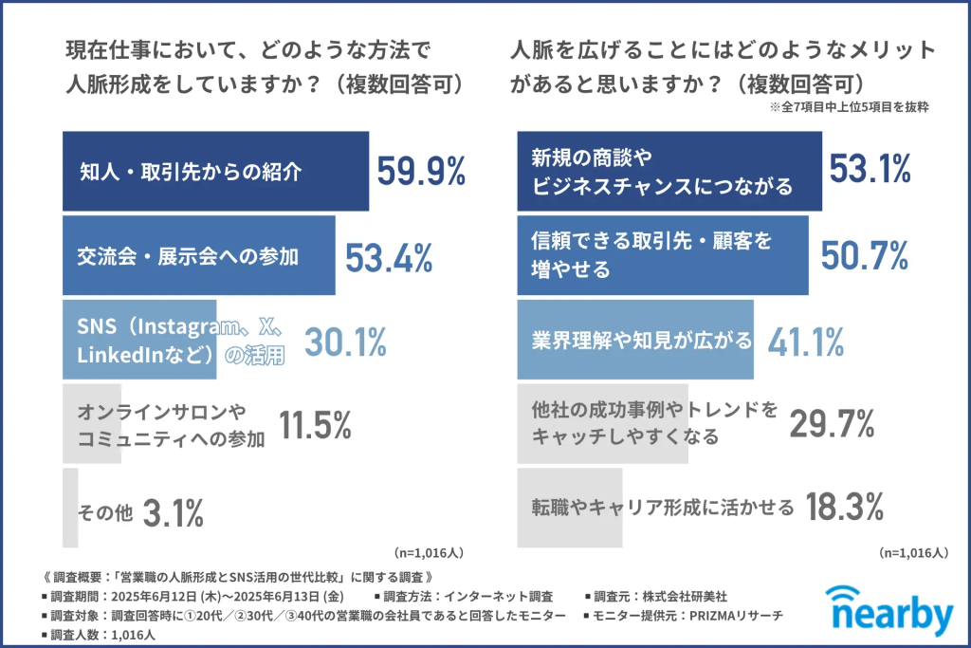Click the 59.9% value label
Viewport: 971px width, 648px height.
[421, 171]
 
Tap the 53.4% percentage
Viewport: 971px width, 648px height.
[388, 257]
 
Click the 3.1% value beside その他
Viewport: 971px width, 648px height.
[174, 512]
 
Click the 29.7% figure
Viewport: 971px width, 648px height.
[832, 424]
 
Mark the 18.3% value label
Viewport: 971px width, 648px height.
[845, 507]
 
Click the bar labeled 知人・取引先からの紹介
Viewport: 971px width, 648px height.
[215, 172]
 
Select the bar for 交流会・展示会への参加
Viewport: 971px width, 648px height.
[198, 256]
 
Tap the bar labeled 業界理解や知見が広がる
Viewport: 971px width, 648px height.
[634, 340]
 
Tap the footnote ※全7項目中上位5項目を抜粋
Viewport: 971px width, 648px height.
[850, 108]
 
